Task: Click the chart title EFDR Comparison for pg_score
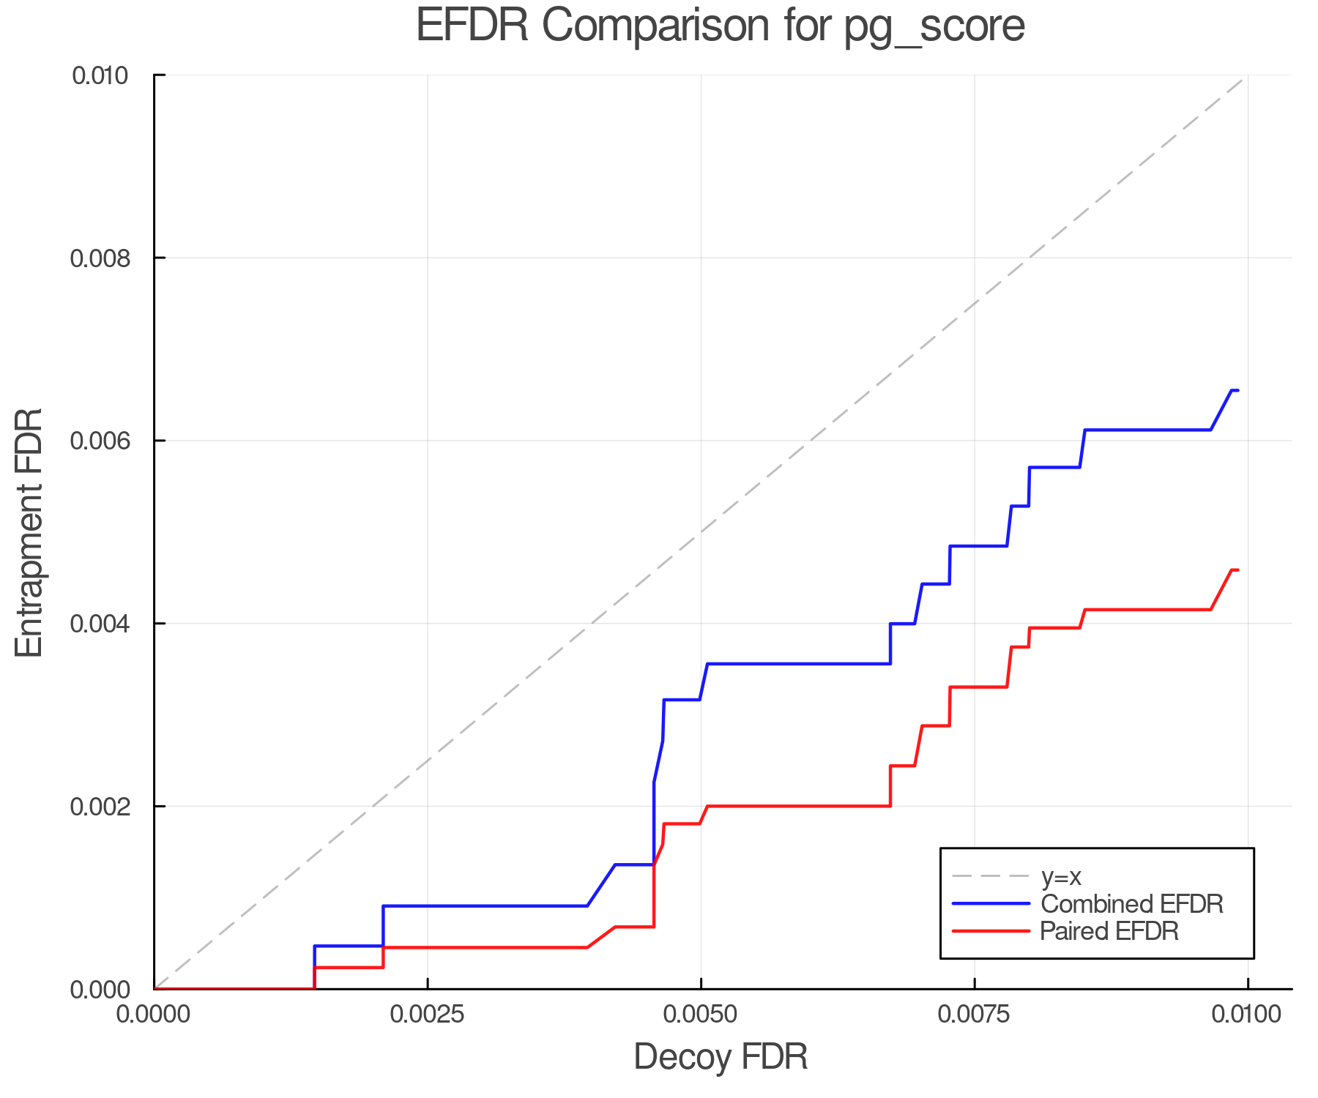coord(721,26)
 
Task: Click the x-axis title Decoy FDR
coord(721,1057)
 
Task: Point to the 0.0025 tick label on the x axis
coord(428,1014)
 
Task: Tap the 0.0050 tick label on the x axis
coord(701,1014)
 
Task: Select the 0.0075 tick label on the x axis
coord(975,1014)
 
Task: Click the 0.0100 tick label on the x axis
coord(1247,1014)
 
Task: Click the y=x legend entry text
coord(1061,876)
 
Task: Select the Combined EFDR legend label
coord(1131,904)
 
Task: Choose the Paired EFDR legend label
coord(1109,931)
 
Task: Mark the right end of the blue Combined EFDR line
coord(1237,390)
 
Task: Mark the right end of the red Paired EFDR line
coord(1237,569)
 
